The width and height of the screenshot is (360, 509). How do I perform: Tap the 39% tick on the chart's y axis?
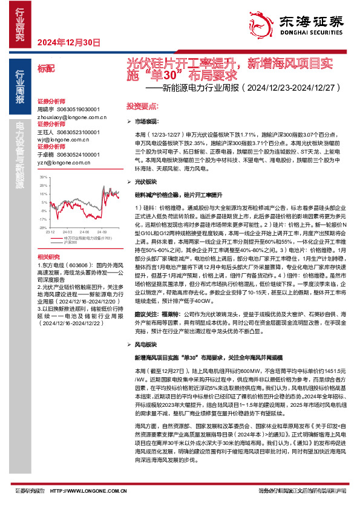pos(44,177)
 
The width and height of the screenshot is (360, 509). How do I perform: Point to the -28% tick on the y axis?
pos(43,228)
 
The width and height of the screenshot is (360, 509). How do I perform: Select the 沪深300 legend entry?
pos(69,242)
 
